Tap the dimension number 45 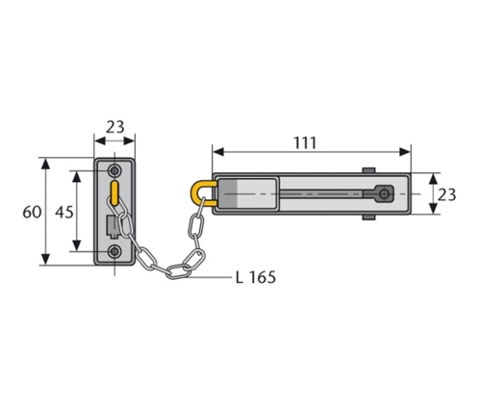coord(61,212)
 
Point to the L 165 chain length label coord(255,278)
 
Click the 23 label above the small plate coord(115,125)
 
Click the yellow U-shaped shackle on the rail coord(202,195)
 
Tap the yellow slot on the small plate coord(115,192)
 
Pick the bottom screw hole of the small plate coord(115,252)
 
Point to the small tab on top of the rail coord(368,171)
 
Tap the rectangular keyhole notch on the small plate coord(111,226)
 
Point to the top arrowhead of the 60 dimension coord(45,161)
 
